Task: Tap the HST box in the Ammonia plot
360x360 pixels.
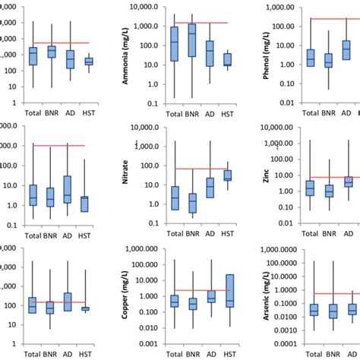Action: click(x=227, y=59)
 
